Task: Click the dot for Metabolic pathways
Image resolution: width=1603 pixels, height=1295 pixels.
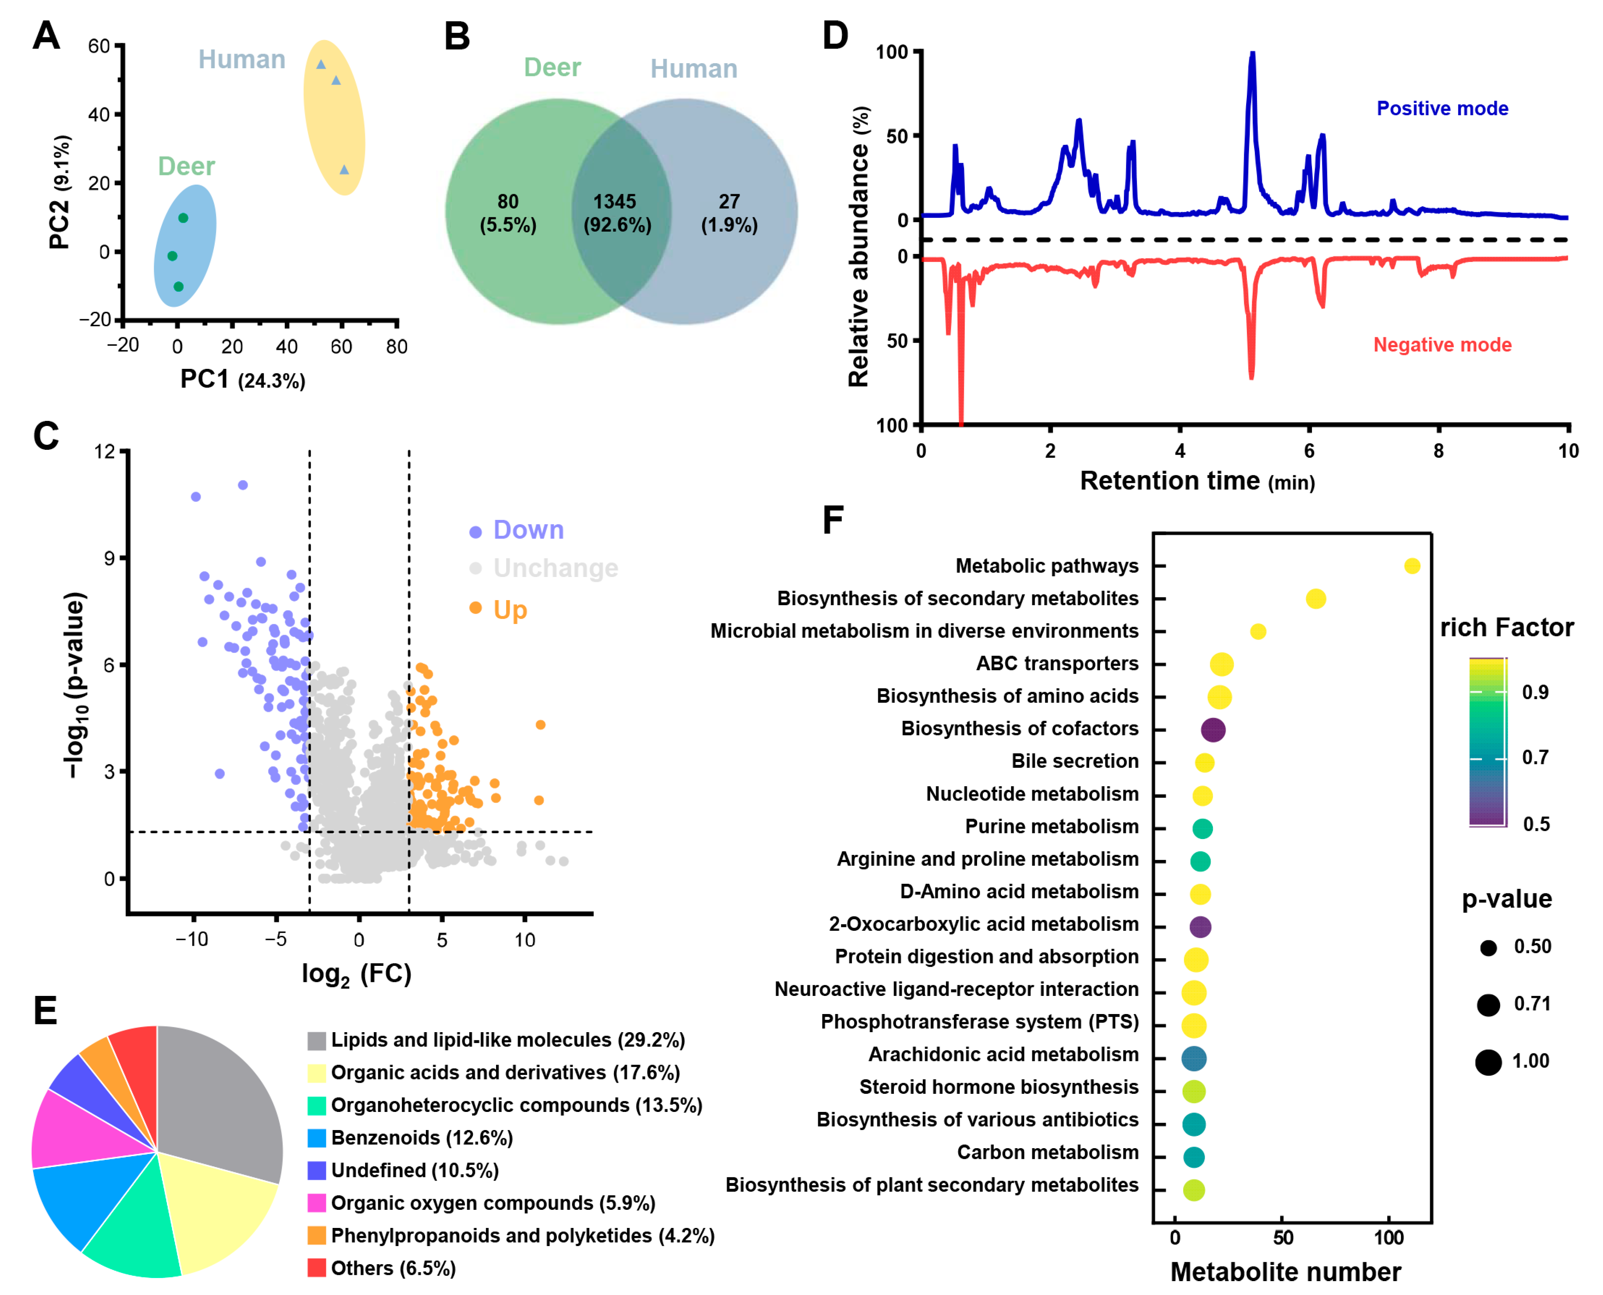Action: coord(1411,566)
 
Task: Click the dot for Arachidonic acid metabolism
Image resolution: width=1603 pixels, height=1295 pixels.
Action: coord(1194,1058)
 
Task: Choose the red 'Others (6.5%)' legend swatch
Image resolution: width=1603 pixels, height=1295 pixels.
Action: coord(316,1268)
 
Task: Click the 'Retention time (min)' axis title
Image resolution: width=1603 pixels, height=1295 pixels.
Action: coord(1196,481)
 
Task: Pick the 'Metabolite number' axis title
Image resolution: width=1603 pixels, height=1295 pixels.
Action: coord(1285,1272)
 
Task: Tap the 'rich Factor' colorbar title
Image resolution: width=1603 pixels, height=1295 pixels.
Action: coord(1506,628)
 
